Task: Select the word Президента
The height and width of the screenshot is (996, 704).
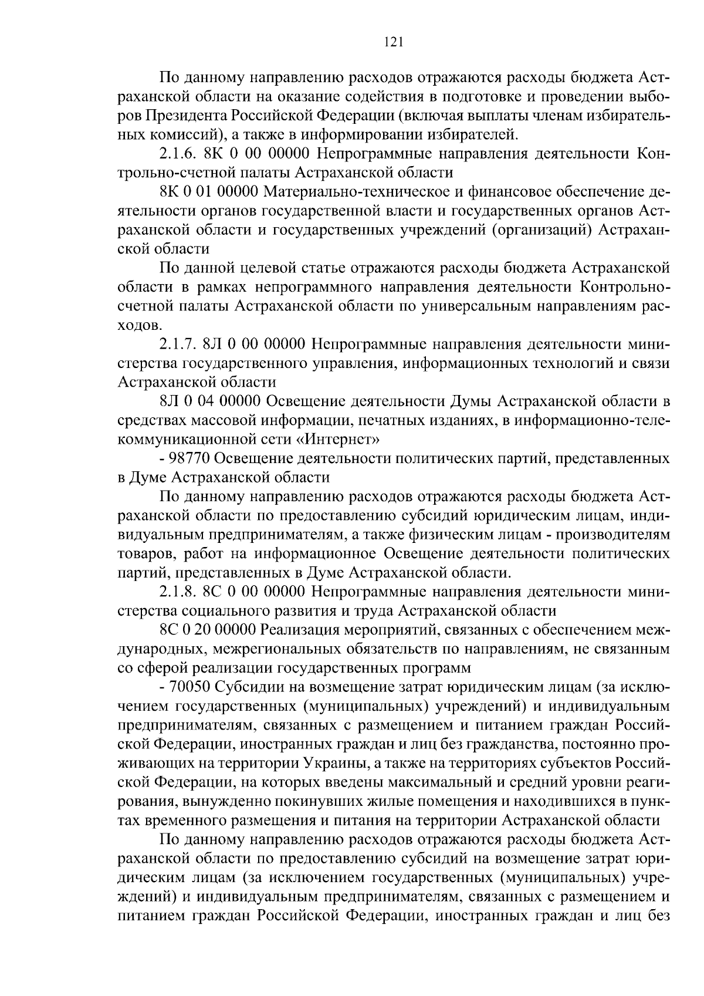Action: click(188, 116)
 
